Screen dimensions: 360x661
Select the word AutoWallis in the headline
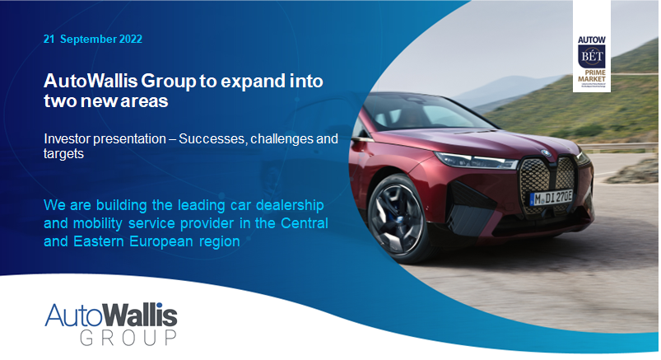[87, 82]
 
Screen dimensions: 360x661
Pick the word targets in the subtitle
[65, 153]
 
